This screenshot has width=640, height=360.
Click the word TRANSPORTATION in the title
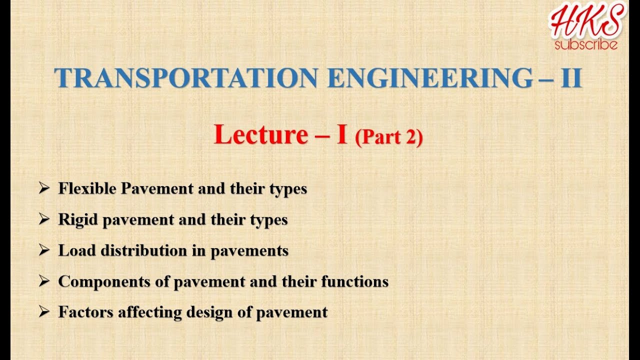(x=185, y=78)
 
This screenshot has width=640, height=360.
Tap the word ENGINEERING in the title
(x=430, y=78)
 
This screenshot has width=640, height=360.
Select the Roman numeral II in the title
(x=571, y=78)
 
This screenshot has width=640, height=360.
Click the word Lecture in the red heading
(x=260, y=135)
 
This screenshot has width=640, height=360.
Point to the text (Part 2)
(x=389, y=137)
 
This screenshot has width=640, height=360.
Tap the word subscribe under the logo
(x=586, y=45)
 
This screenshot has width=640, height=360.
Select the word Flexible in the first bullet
(x=87, y=188)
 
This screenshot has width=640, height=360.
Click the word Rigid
(x=78, y=219)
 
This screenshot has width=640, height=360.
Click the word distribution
(x=144, y=250)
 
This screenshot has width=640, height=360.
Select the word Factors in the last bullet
(x=85, y=312)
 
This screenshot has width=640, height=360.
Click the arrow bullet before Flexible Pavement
(x=44, y=188)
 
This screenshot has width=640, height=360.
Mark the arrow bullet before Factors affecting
(x=44, y=312)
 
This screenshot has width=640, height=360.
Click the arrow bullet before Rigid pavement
(x=44, y=219)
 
